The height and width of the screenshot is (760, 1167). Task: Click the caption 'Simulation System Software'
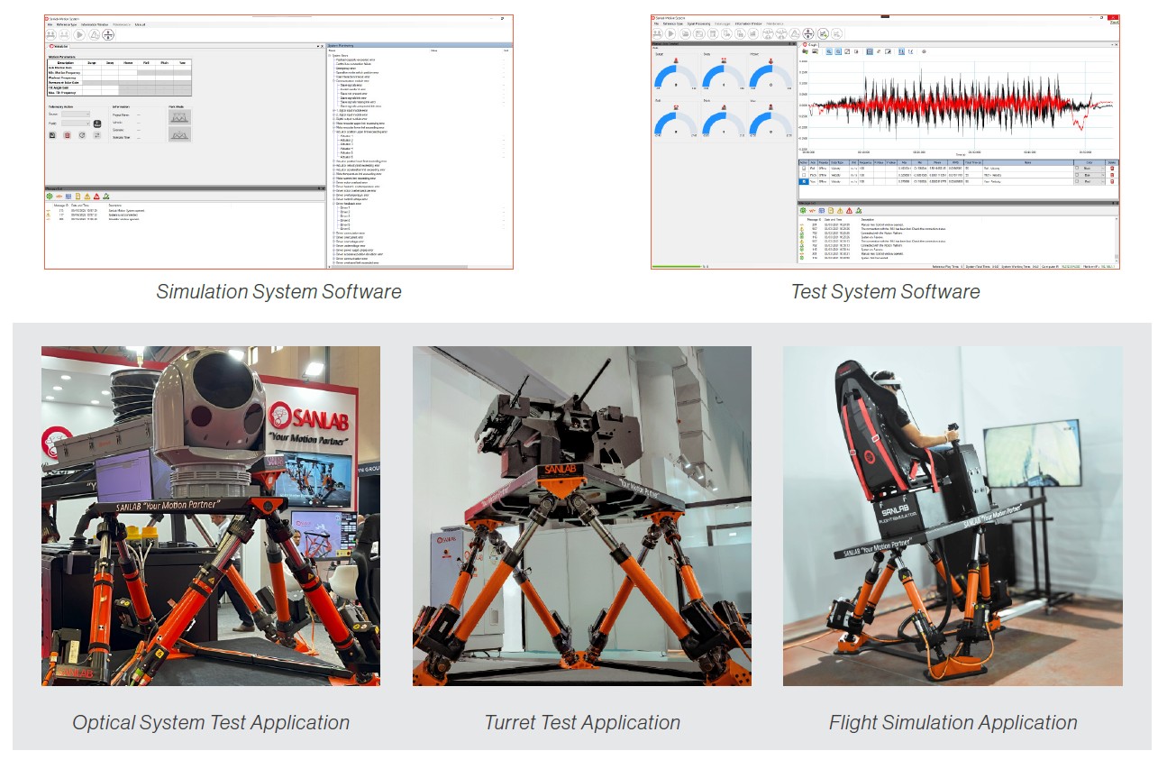(278, 292)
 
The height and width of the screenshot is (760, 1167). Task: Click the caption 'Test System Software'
(885, 292)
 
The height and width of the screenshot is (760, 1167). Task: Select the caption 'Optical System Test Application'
(211, 723)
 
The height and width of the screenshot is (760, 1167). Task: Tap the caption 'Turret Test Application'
(582, 723)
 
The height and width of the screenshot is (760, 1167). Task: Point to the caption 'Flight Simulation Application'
(953, 723)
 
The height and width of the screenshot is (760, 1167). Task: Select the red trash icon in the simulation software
(67, 135)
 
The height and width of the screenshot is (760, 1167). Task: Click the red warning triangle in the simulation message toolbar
(96, 196)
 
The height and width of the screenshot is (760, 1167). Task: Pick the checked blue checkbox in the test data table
(804, 181)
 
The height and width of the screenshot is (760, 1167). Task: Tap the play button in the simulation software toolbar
(79, 34)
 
